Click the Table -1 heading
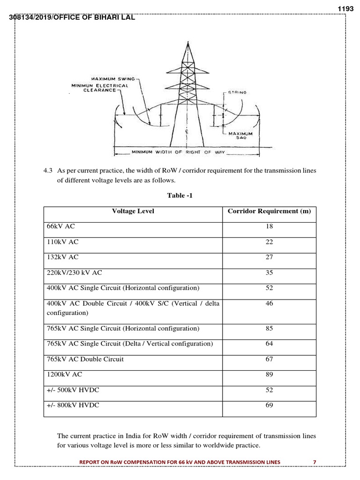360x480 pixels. (180, 195)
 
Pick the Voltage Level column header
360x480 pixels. (133, 211)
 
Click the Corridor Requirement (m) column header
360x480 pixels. (269, 211)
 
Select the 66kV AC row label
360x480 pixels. (60, 226)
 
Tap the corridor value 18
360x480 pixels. (269, 226)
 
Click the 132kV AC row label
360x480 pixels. (62, 257)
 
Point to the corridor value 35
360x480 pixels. (269, 272)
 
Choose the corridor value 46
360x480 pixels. (269, 303)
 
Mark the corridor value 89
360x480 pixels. (269, 375)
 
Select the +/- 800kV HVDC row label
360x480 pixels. (73, 405)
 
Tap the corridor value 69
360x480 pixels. (269, 405)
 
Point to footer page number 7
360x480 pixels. (315, 462)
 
